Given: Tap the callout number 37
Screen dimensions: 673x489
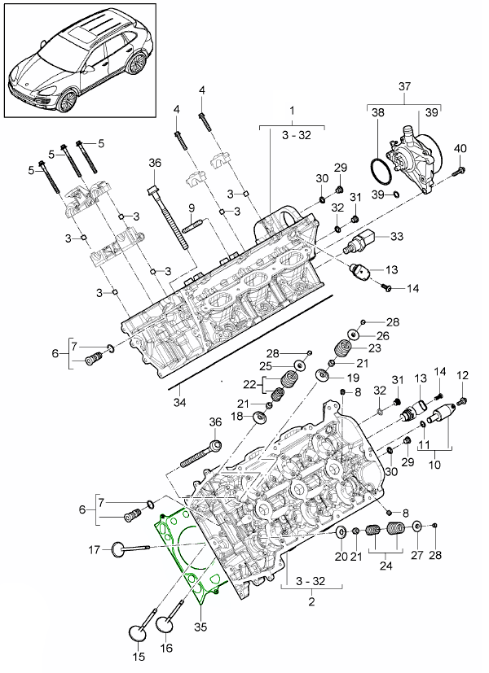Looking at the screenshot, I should click(404, 87).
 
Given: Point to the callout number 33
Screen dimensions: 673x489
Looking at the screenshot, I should click(397, 237).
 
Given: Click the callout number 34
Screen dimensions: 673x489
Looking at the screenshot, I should click(179, 400).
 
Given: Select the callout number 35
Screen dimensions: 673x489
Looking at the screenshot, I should click(200, 628).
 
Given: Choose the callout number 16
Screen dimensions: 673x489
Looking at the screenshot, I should click(168, 649).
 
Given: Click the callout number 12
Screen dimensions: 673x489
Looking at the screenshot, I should click(463, 375).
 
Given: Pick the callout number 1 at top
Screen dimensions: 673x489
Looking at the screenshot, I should click(291, 108).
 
